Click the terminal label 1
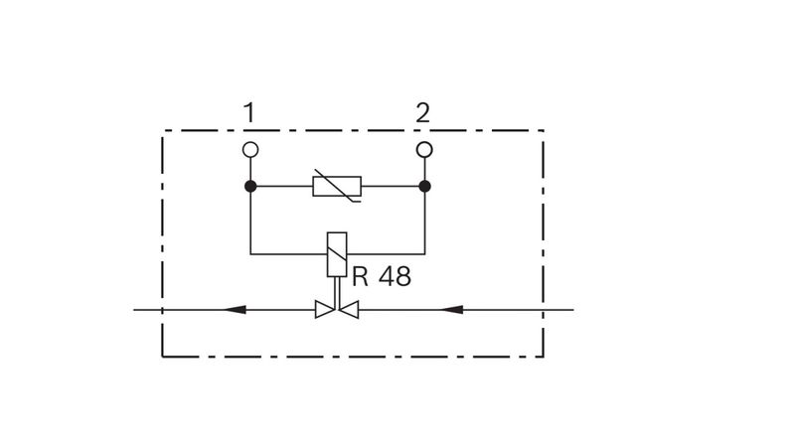(x=249, y=112)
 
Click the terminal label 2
(x=423, y=112)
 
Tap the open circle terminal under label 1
(x=250, y=150)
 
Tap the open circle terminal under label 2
(x=424, y=150)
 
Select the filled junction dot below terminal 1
(x=250, y=187)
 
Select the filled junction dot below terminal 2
(x=425, y=187)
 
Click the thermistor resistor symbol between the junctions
(x=337, y=186)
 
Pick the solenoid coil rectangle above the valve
(x=337, y=254)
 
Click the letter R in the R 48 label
(x=360, y=277)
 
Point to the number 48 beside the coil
(x=395, y=277)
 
